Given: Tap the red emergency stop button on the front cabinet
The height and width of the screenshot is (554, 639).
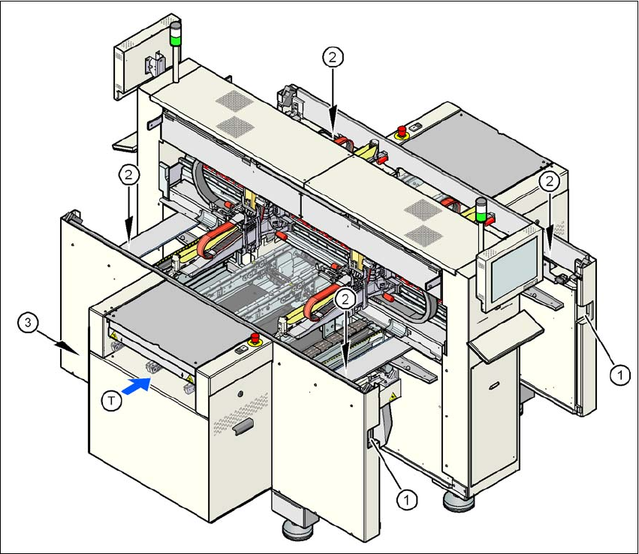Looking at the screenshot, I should click(254, 340).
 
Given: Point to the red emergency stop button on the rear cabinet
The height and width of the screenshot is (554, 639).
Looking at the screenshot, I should click(401, 131).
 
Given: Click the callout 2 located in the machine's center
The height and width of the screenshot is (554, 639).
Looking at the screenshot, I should click(345, 298).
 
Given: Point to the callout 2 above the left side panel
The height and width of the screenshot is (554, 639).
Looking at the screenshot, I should click(130, 175).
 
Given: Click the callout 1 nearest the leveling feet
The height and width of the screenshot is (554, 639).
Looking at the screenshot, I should click(406, 497).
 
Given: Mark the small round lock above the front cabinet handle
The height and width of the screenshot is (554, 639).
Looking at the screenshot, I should click(239, 395).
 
